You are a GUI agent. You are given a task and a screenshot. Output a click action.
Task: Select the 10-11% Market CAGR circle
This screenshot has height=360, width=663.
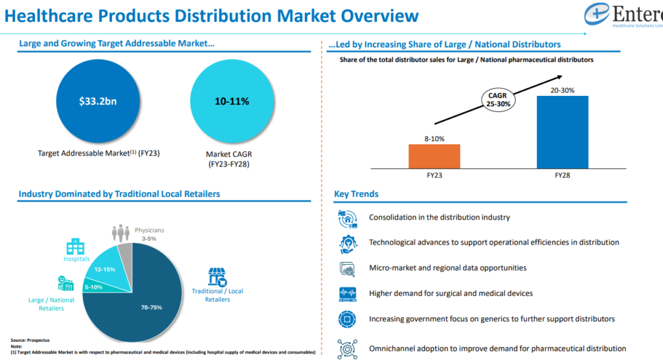tap(232, 102)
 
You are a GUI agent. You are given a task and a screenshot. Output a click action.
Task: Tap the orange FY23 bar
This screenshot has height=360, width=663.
tap(434, 156)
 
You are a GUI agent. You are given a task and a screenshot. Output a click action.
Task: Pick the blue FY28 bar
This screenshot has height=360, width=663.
tap(562, 132)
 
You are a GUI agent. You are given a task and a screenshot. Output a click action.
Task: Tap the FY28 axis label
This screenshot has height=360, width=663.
tap(562, 175)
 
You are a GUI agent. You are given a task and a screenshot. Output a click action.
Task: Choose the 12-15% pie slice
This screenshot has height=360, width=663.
tap(104, 268)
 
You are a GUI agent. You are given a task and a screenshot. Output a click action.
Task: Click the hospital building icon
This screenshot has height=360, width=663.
tap(75, 246)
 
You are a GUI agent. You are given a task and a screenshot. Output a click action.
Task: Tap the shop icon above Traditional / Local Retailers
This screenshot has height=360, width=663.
tap(217, 276)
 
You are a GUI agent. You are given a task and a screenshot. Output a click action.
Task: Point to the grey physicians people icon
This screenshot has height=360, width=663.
tap(120, 232)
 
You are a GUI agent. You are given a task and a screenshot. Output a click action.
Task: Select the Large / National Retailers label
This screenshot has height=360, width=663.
tap(51, 304)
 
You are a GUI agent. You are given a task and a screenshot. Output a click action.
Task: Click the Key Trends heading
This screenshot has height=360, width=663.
tap(356, 194)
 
